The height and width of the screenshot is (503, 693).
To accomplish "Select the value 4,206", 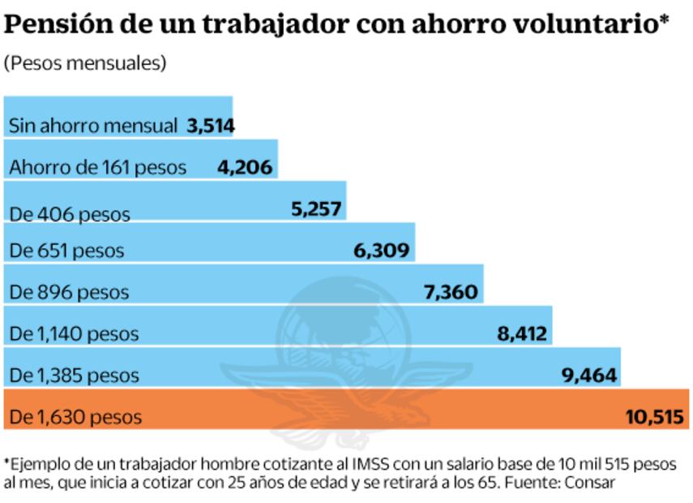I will (246, 167).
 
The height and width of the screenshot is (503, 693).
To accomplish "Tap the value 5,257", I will (317, 209).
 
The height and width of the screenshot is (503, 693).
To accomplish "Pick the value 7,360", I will (451, 292).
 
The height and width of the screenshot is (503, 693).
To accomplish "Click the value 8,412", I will (521, 333).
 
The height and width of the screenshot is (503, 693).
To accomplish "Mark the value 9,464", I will (589, 375).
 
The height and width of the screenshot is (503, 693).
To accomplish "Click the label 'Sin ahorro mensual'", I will (92, 126).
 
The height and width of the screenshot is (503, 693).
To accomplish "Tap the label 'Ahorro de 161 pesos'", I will (97, 168).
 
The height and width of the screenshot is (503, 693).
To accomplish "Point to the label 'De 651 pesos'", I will (66, 251).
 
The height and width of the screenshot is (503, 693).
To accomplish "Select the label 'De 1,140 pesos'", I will (74, 333).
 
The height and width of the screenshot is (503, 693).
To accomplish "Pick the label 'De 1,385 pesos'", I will (74, 376).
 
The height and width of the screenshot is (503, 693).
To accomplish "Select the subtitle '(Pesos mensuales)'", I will (85, 64).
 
